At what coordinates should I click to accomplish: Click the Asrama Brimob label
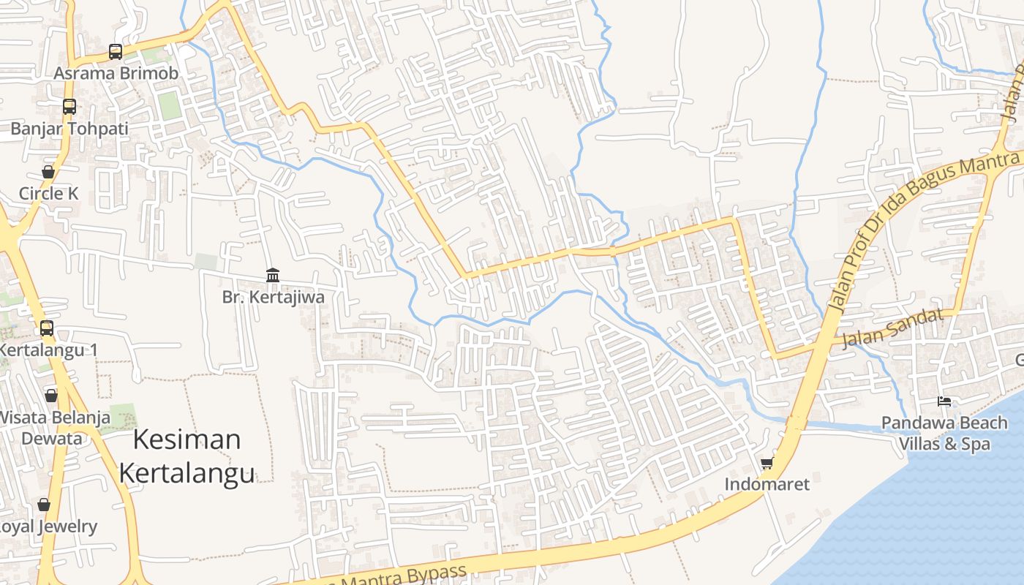(x=116, y=73)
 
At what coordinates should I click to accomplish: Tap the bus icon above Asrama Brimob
(x=116, y=51)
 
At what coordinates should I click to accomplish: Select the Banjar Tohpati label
(x=69, y=129)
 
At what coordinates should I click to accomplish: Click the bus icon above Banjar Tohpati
(x=69, y=107)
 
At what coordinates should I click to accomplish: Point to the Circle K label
(x=48, y=194)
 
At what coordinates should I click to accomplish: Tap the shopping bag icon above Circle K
(x=48, y=172)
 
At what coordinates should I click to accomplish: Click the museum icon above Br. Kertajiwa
(x=273, y=275)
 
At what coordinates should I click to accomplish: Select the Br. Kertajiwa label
(x=273, y=297)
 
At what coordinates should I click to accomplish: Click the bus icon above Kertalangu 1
(x=47, y=328)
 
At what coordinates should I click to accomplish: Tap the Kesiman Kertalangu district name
(x=187, y=456)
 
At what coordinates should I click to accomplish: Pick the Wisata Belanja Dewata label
(x=53, y=428)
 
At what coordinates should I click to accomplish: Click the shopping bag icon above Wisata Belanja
(x=51, y=396)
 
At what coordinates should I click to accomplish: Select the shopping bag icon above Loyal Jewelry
(x=44, y=505)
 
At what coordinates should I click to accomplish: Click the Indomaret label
(x=767, y=484)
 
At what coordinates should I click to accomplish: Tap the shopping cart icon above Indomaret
(x=767, y=462)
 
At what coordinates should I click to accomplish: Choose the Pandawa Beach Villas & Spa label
(x=944, y=433)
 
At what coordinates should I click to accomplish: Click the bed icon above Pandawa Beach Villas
(x=944, y=401)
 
